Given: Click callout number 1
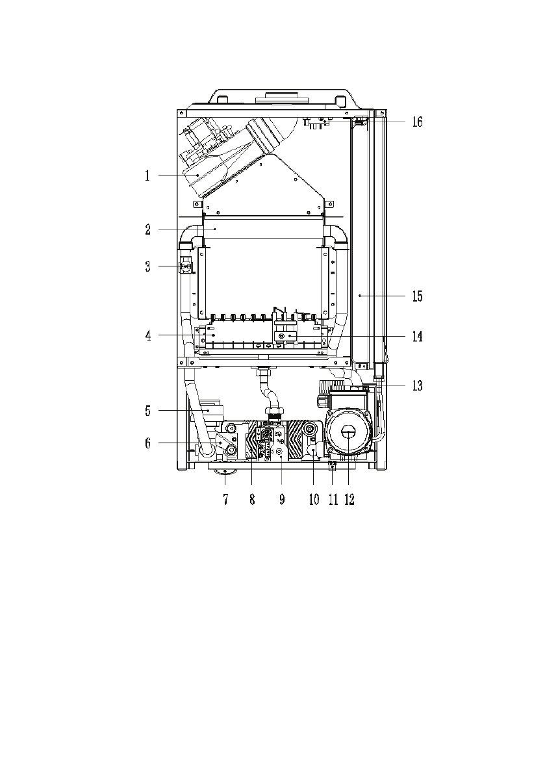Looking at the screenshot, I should tap(147, 176).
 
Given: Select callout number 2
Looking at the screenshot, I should tap(147, 229).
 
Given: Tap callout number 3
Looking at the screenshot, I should tap(147, 266).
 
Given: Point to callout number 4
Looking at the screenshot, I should tap(147, 336).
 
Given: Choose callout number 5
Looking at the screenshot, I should tap(147, 411).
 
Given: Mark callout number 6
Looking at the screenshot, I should tap(147, 443).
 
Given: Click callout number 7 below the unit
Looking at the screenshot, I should tap(225, 501).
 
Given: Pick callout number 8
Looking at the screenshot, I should tap(252, 501).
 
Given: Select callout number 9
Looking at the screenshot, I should tap(282, 501).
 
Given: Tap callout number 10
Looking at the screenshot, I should tap(314, 501).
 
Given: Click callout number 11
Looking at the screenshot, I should tap(334, 501).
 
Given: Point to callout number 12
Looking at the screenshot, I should tap(349, 501).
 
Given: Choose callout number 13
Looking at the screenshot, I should tap(417, 386).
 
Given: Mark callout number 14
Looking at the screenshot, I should tap(417, 337).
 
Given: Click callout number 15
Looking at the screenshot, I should tap(417, 296).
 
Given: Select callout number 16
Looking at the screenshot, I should tap(417, 122).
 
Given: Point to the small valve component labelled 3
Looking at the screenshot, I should tap(186, 266).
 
